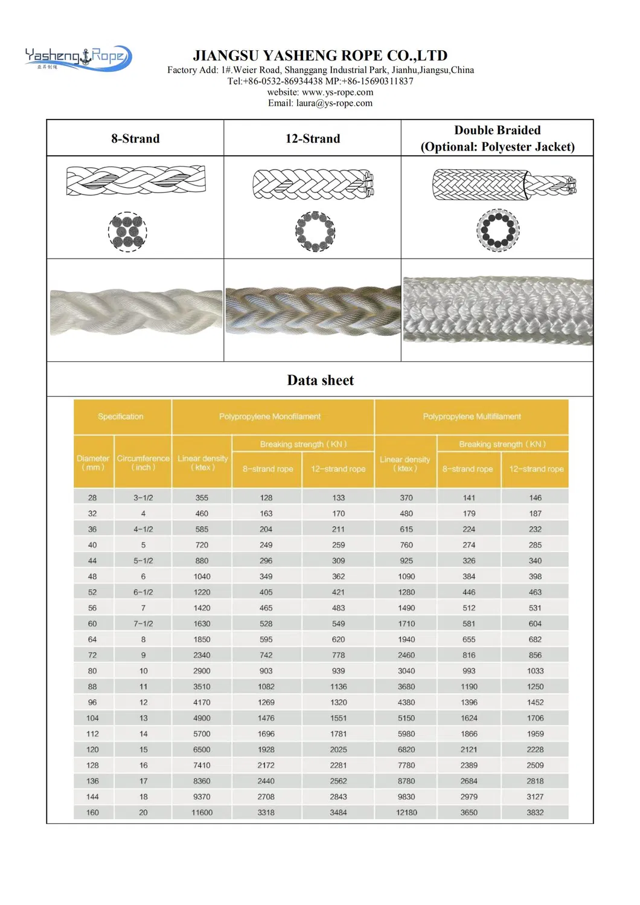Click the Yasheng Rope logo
coord(78,57)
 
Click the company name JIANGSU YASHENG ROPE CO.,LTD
coord(320,56)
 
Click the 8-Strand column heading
coord(135,138)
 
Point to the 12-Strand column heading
coord(312,138)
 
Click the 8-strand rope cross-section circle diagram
coord(127,231)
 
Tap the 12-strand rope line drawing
coord(313,184)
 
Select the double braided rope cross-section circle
coord(498,230)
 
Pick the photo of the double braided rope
coord(498,311)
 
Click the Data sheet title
coord(320,380)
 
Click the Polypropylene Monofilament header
coord(270,417)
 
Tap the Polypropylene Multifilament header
coord(472,417)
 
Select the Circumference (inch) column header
coord(143,463)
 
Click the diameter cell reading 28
coord(92,498)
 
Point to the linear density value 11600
coord(202,813)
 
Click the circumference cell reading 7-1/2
coord(143,623)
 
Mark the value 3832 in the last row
coord(535,813)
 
